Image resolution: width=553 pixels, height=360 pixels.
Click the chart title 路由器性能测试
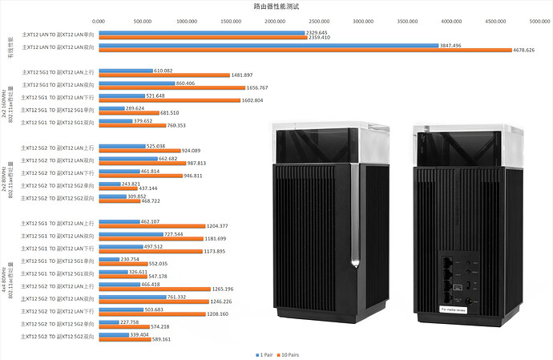[x=276, y=6]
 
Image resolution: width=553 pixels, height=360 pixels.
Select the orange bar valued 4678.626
[x=305, y=50]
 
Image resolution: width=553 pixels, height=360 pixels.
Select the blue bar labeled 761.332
[x=132, y=297]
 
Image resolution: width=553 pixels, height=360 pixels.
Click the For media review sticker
[x=459, y=306]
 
